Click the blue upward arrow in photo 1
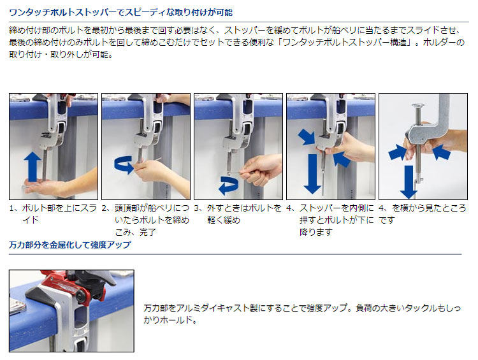click(33, 167)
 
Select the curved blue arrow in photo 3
click(229, 185)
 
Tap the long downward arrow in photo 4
click(312, 173)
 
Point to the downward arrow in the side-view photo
click(408, 182)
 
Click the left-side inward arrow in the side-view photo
click(397, 152)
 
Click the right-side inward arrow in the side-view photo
click(441, 152)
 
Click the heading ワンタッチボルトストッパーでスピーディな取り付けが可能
click(120, 13)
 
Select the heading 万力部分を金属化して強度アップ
click(70, 245)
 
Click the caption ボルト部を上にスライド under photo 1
click(53, 213)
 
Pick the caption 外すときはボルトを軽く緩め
click(238, 213)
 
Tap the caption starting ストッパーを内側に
click(330, 220)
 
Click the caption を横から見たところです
click(423, 213)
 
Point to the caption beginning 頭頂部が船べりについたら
click(145, 220)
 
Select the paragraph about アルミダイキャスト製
click(302, 313)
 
